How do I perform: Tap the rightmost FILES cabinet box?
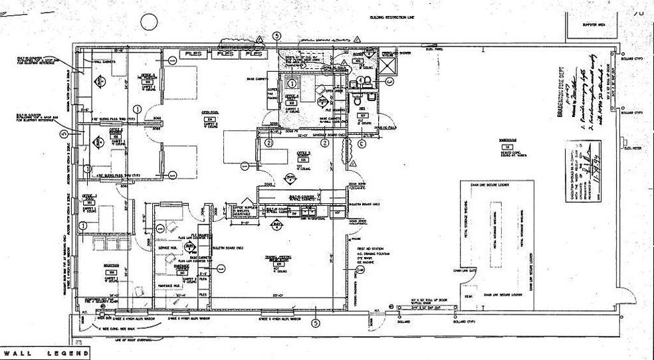pos(253,54)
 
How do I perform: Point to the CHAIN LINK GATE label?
pos(467,270)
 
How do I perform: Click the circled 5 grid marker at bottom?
pos(316,323)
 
